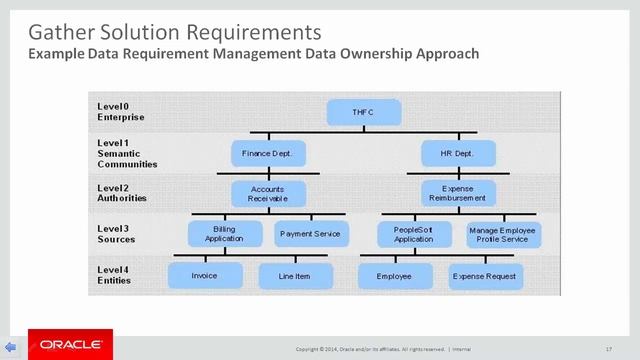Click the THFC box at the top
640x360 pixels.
click(x=362, y=114)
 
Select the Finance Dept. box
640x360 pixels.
click(x=268, y=154)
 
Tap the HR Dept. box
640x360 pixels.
click(x=456, y=154)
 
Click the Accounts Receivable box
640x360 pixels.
click(x=268, y=193)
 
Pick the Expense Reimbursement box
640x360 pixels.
click(x=456, y=193)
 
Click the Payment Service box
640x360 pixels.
click(x=309, y=234)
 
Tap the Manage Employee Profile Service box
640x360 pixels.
click(x=503, y=234)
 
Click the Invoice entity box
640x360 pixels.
click(x=206, y=275)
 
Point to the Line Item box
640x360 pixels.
click(x=296, y=275)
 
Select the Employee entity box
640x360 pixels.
click(x=396, y=275)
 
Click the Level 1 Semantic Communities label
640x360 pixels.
click(x=126, y=154)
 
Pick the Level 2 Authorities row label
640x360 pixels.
click(x=122, y=193)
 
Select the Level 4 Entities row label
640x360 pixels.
click(x=116, y=275)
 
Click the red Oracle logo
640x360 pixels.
click(x=69, y=344)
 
